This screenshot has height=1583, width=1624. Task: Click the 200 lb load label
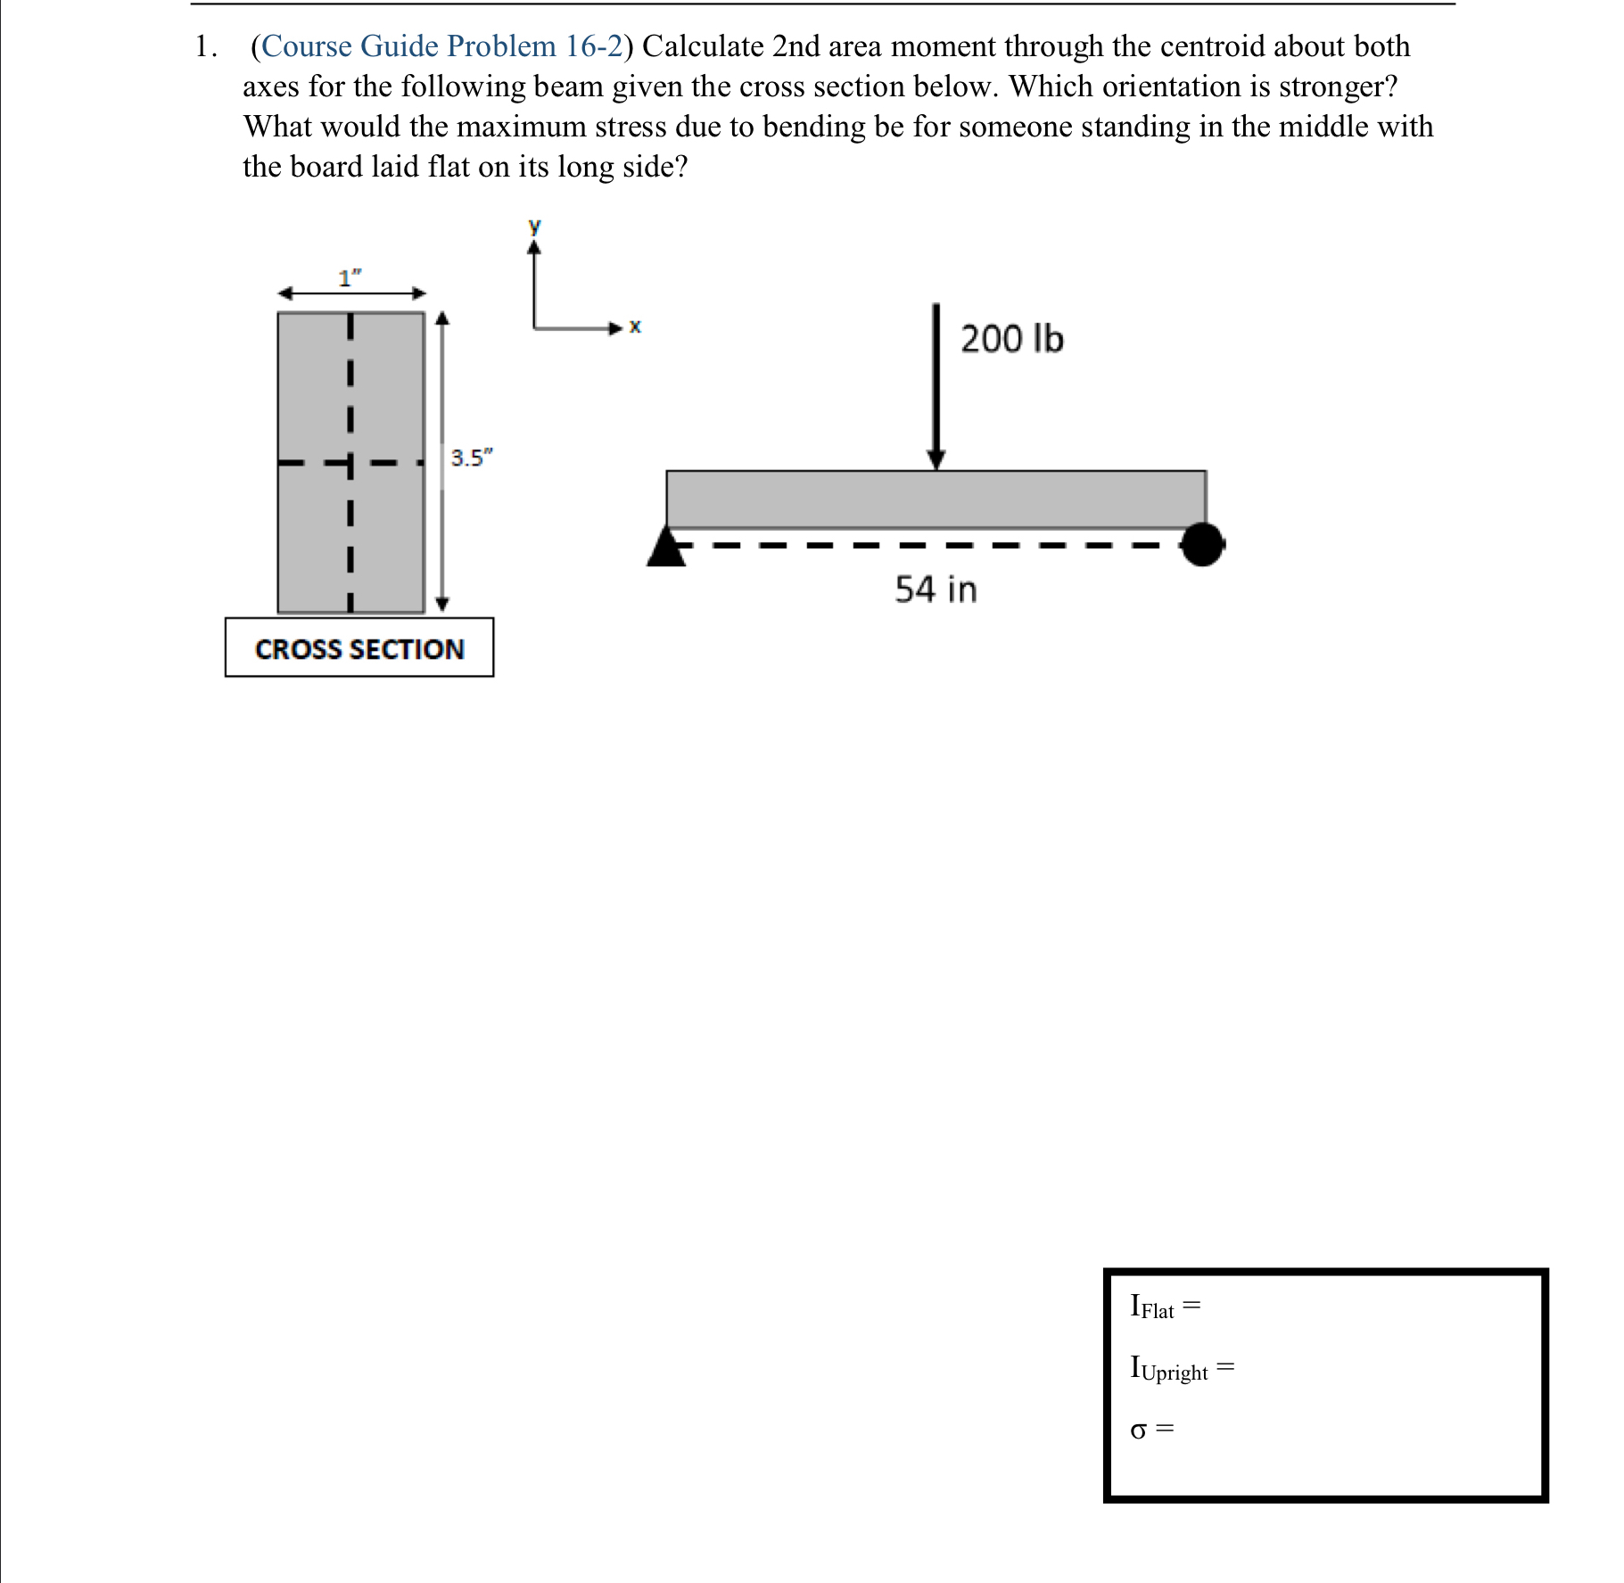click(1011, 339)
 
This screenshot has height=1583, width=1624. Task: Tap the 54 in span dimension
click(936, 590)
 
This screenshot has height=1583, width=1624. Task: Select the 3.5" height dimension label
click(471, 458)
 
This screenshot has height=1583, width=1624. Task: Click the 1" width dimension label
click(350, 278)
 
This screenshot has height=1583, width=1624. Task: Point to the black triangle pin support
click(666, 548)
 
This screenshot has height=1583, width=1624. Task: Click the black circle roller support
click(1202, 544)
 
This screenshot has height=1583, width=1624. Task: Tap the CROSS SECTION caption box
click(359, 648)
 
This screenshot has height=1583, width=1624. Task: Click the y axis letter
click(534, 226)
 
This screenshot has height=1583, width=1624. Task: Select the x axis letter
click(635, 326)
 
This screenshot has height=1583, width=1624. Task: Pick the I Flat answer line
click(1165, 1307)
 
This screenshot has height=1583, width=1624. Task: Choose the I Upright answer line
click(1182, 1368)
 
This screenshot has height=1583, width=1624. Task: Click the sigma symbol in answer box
click(1138, 1430)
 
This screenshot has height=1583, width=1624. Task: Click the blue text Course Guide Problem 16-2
click(441, 46)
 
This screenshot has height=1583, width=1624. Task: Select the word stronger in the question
click(1337, 87)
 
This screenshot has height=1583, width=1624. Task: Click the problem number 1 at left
click(203, 46)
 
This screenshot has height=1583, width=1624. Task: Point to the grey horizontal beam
click(936, 499)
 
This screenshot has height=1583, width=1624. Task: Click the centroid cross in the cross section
click(350, 463)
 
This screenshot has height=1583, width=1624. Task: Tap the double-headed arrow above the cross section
click(352, 293)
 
